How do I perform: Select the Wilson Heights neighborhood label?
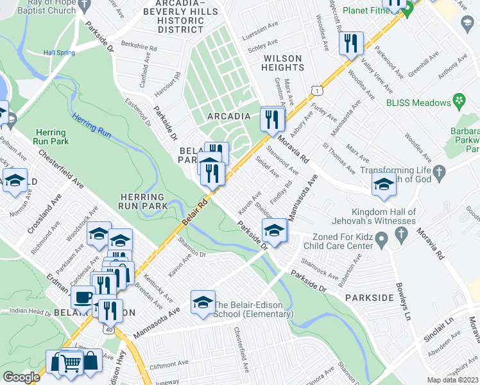pyautogui.click(x=283, y=63)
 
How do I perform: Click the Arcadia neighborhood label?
pyautogui.click(x=228, y=116)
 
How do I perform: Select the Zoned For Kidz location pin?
pyautogui.click(x=381, y=241)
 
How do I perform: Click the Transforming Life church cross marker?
pyautogui.click(x=440, y=172)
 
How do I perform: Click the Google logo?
pyautogui.click(x=21, y=377)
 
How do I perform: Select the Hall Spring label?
pyautogui.click(x=59, y=53)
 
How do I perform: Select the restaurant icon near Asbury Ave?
pyautogui.click(x=273, y=119)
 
